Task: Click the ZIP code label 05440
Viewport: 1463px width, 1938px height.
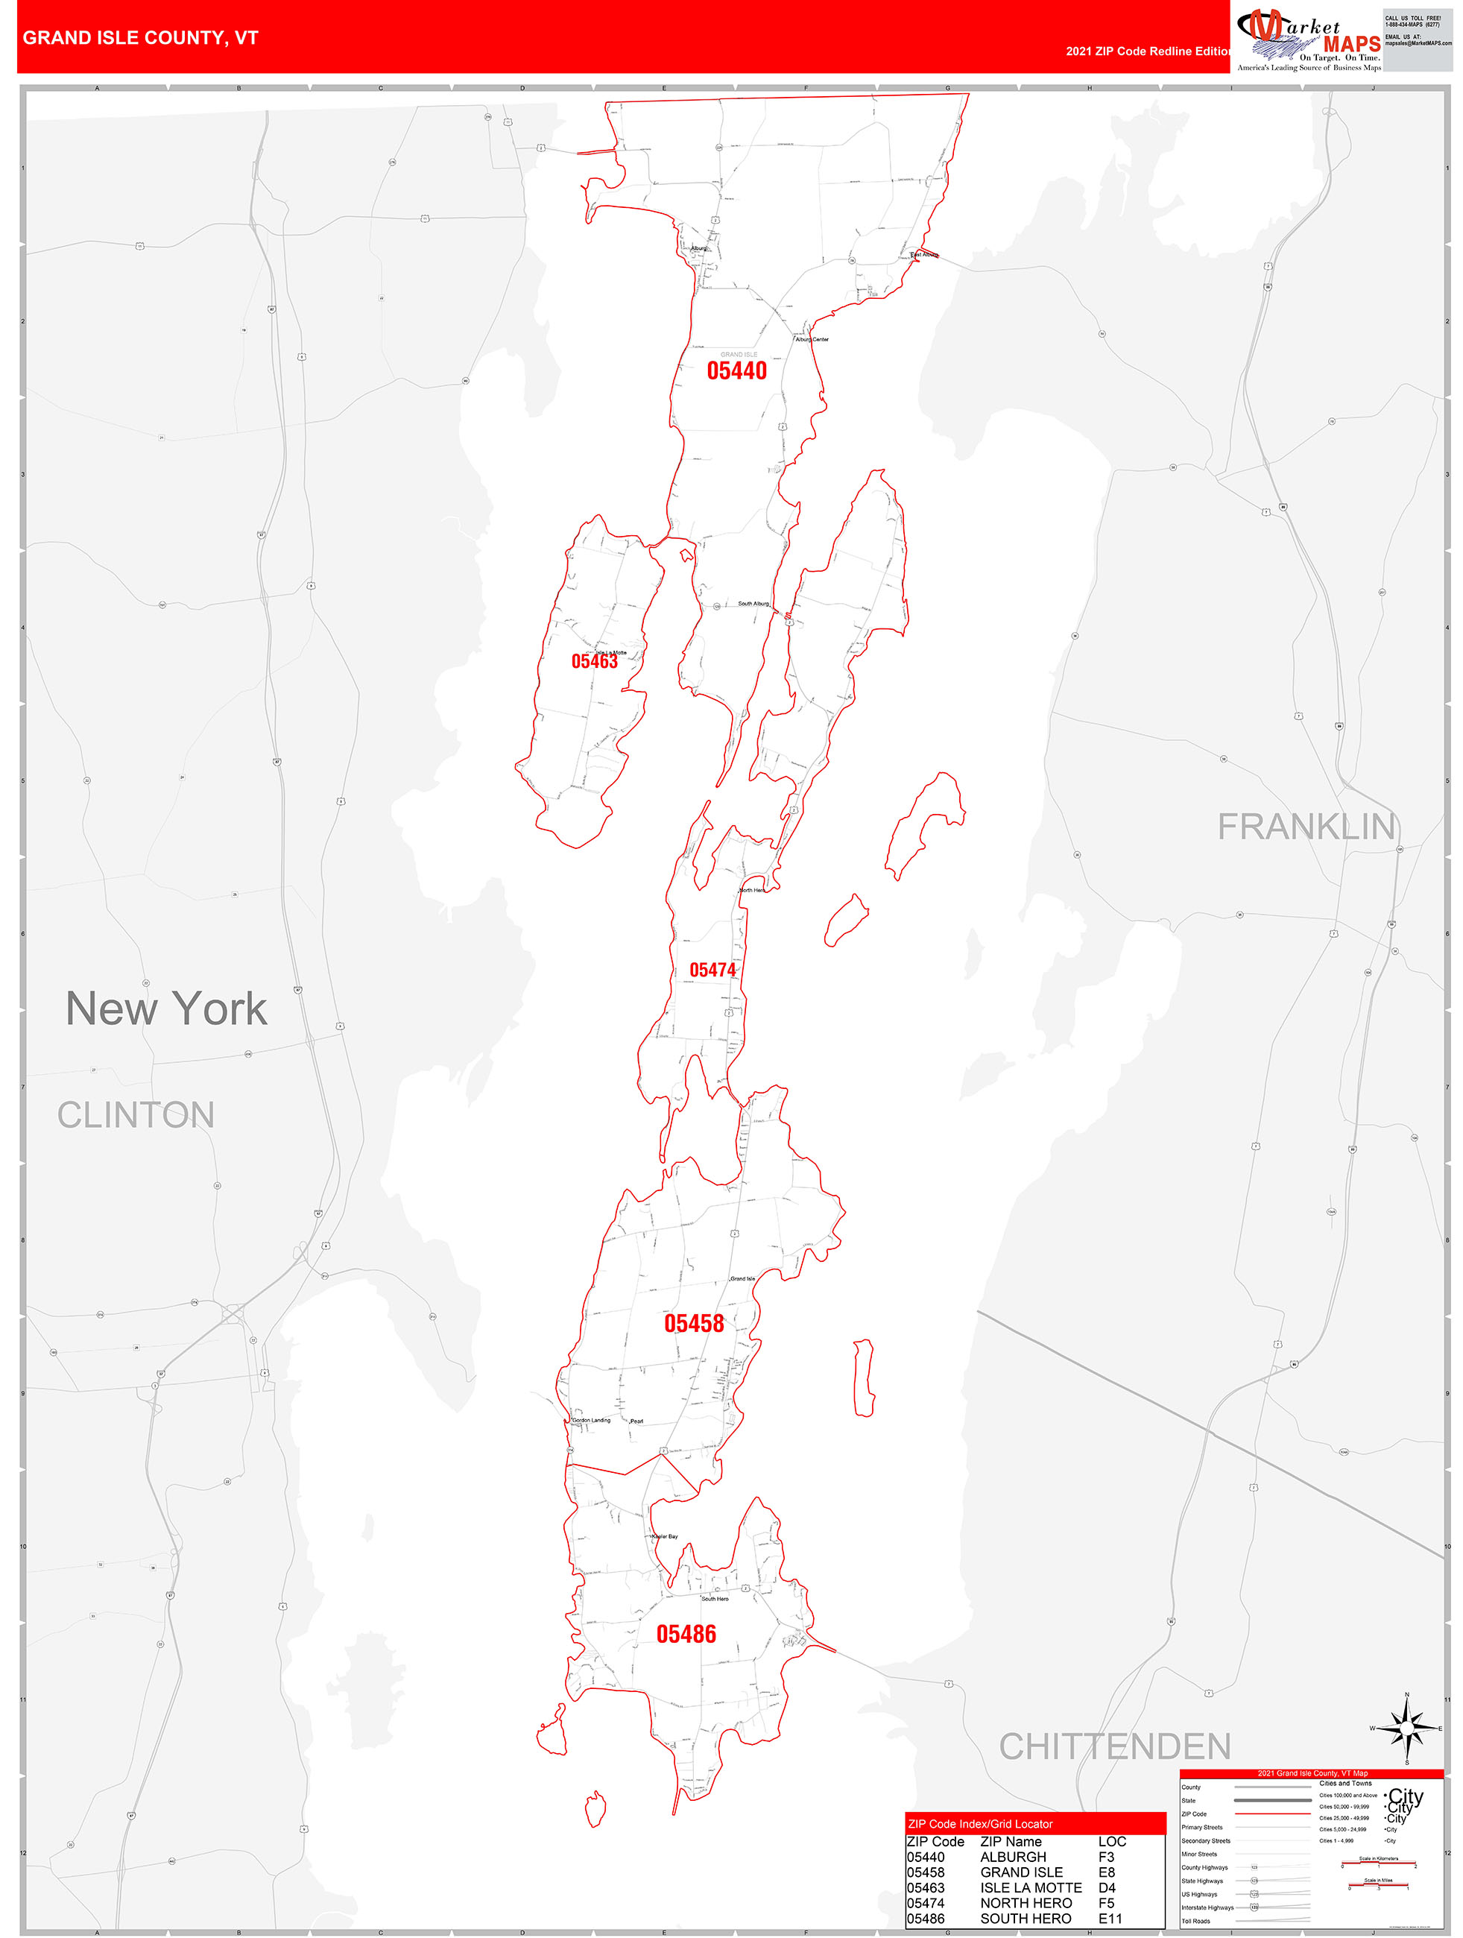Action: tap(737, 370)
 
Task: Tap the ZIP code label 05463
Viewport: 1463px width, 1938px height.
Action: tap(594, 661)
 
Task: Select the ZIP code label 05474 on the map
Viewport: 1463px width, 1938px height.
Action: tap(712, 970)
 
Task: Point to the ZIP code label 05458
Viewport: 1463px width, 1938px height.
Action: tap(694, 1323)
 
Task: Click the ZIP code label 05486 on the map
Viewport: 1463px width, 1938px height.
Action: tap(686, 1634)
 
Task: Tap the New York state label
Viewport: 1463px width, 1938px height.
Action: tap(166, 1009)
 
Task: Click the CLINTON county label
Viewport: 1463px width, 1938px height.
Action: tap(136, 1115)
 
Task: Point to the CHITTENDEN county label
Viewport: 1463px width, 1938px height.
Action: tap(1114, 1746)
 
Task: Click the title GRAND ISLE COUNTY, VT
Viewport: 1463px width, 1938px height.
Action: tap(140, 38)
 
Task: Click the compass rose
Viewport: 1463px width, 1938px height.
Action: tap(1407, 1728)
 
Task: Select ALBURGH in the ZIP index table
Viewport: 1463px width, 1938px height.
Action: tap(1013, 1857)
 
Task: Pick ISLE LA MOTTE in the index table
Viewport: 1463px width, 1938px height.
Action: tap(1030, 1887)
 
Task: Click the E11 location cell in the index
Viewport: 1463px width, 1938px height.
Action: tap(1110, 1918)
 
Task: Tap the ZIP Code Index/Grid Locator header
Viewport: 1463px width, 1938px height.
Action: tap(980, 1824)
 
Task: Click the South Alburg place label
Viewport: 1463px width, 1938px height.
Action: tap(753, 604)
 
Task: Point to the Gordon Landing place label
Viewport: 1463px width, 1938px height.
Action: tap(591, 1420)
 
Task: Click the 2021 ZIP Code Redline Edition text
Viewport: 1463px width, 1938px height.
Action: tap(1148, 51)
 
